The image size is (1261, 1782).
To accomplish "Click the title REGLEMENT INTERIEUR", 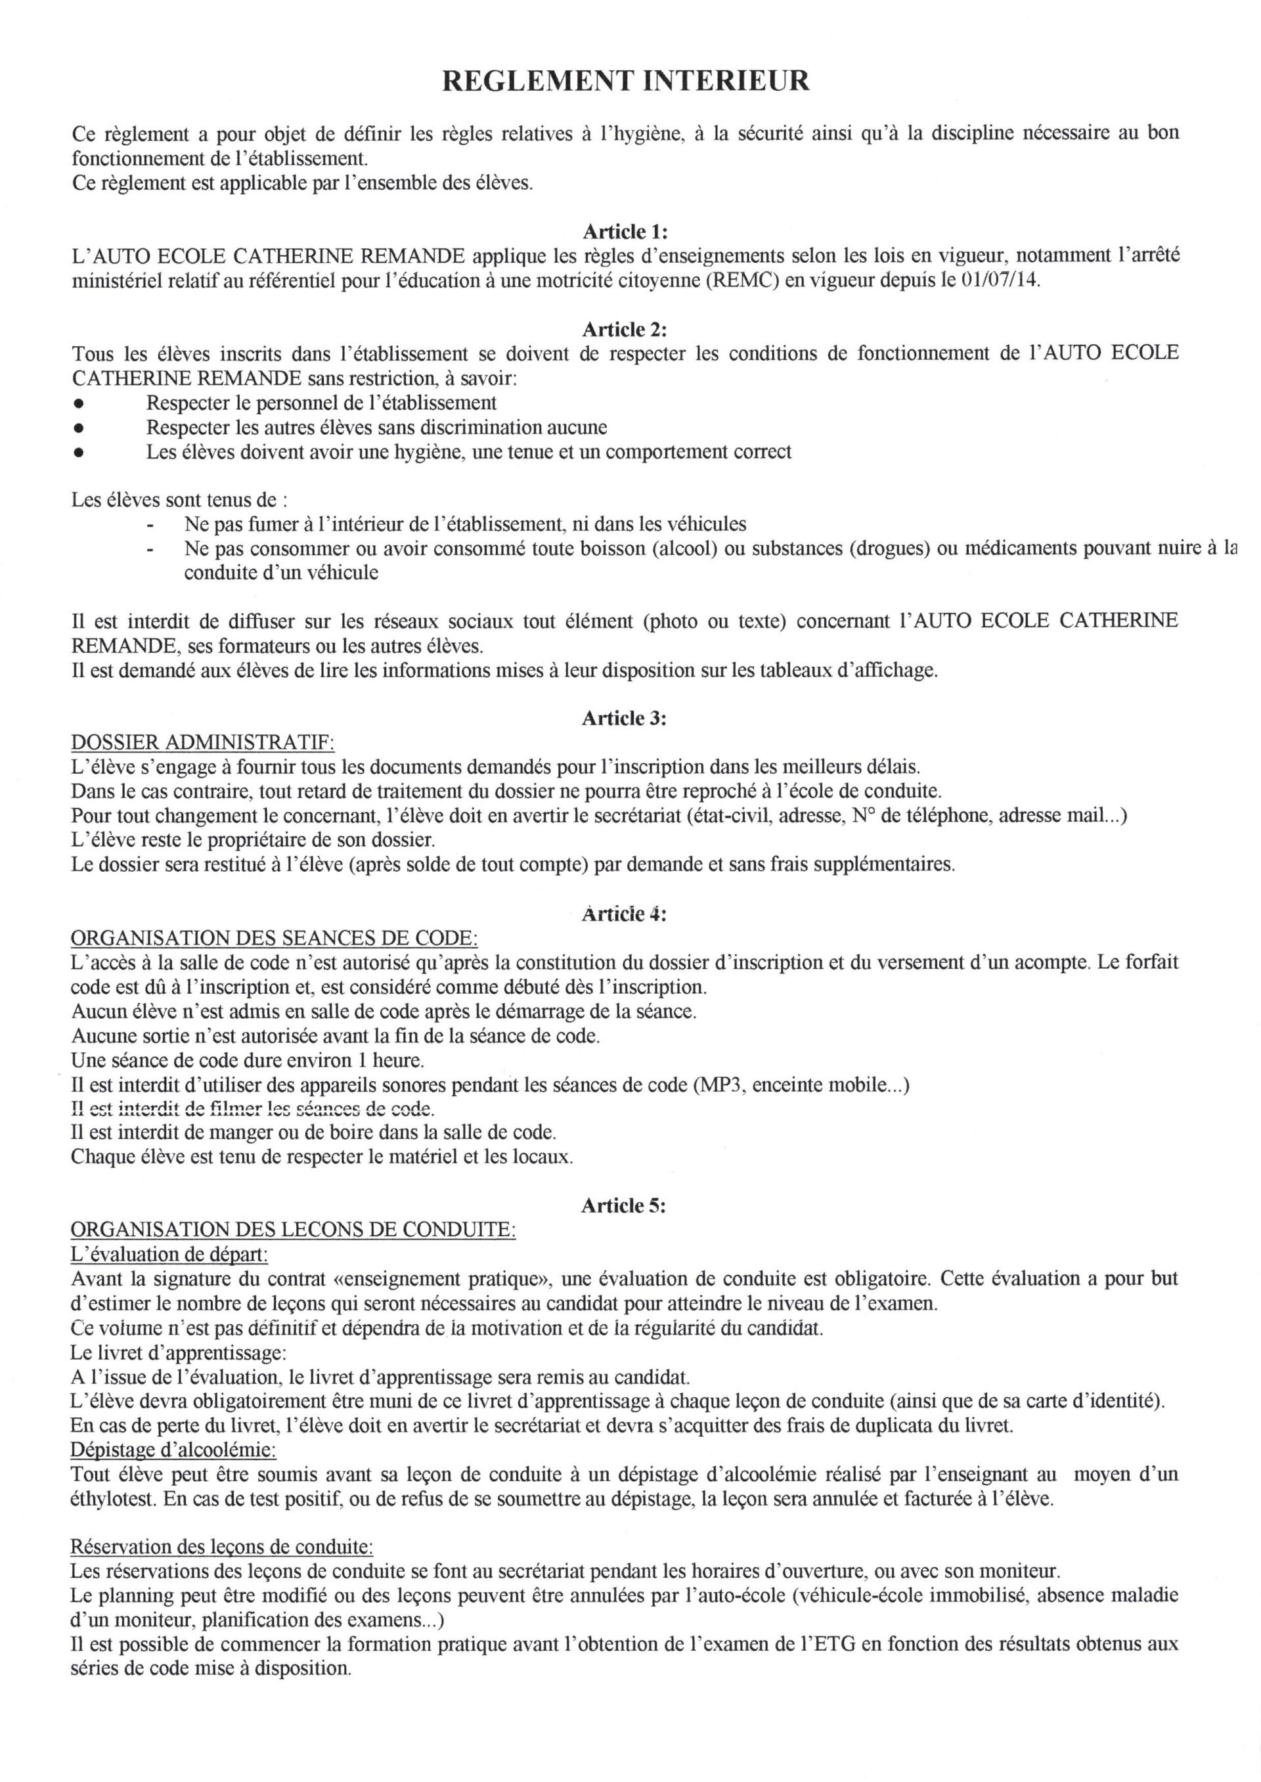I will pyautogui.click(x=625, y=81).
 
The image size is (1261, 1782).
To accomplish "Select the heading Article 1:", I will pyautogui.click(x=625, y=231).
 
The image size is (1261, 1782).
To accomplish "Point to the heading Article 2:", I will pyautogui.click(x=625, y=329).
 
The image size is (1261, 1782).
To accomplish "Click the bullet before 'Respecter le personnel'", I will pyautogui.click(x=77, y=404).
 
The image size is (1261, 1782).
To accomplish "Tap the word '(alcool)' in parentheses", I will pyautogui.click(x=683, y=549).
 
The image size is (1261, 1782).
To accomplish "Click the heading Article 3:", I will pyautogui.click(x=625, y=718).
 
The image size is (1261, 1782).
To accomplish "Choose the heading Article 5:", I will pyautogui.click(x=625, y=1206).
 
